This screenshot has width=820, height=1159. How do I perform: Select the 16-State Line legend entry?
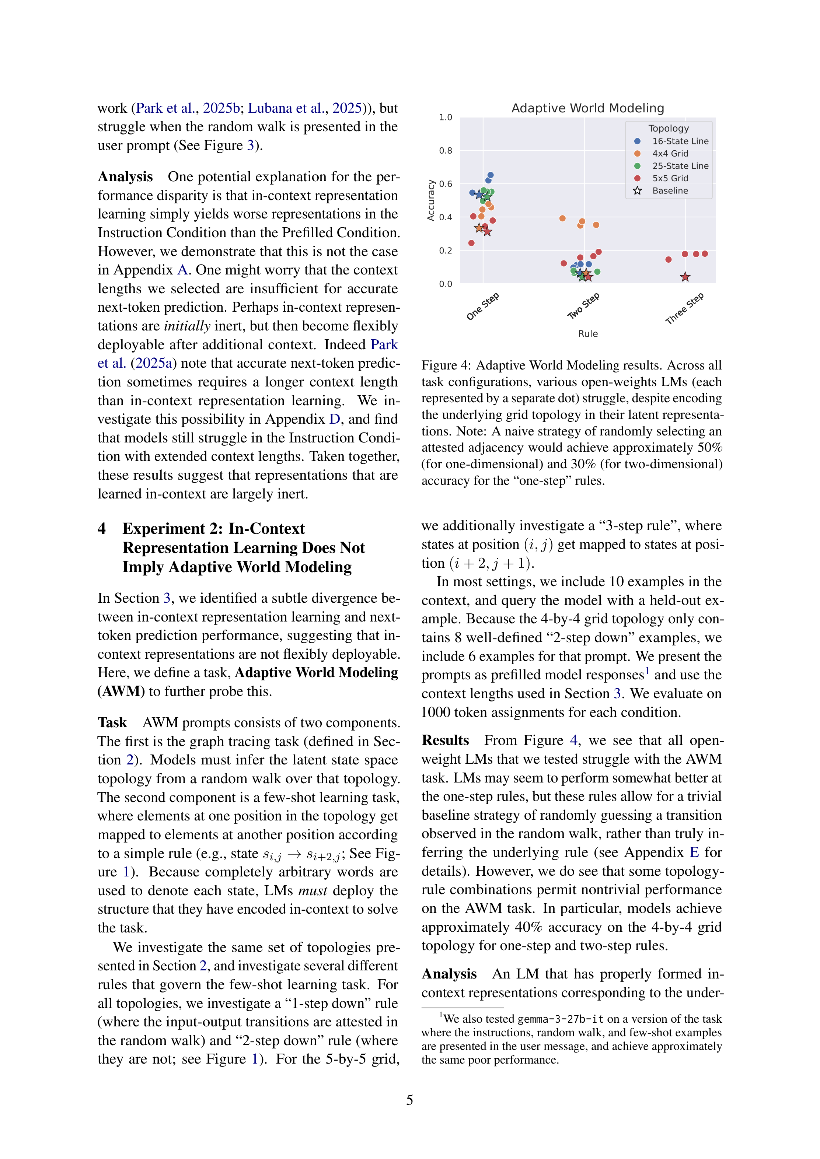tap(680, 141)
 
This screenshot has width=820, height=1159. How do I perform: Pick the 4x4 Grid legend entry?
tap(670, 154)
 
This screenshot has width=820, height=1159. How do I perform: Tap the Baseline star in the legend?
tap(637, 191)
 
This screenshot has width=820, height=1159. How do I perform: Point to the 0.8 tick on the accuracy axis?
tap(445, 150)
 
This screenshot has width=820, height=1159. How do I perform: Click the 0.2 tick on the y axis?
tap(445, 251)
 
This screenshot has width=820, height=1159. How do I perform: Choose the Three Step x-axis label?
tap(685, 308)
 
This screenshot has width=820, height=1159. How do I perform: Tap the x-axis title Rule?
tap(588, 334)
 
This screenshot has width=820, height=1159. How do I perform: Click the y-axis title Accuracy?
tap(431, 200)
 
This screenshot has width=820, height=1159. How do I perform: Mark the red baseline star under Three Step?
tap(685, 277)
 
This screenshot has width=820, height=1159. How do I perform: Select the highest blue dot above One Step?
tap(490, 175)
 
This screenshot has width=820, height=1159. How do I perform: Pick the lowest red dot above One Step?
tap(471, 243)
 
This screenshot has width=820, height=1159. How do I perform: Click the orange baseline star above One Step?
tap(479, 228)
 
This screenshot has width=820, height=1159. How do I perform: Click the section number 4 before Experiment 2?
tap(102, 529)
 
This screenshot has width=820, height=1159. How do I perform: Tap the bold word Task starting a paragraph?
tap(112, 722)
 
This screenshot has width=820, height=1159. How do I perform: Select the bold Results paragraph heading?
tap(445, 740)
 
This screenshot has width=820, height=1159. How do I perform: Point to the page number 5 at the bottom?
tap(409, 1100)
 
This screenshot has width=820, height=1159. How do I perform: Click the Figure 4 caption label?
tap(446, 365)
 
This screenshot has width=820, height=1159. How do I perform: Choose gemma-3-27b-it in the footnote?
tap(561, 1019)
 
